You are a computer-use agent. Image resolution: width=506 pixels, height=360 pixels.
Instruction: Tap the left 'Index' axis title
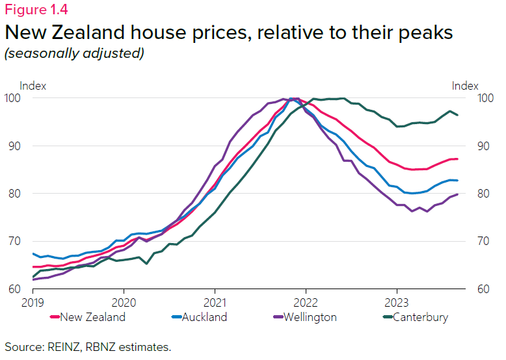tap(33, 86)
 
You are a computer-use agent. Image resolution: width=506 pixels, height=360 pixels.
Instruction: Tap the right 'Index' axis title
tap(465, 86)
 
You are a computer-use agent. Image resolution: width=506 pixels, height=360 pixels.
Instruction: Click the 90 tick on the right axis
tap(485, 146)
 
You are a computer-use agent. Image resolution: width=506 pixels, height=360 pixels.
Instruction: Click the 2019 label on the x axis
tap(32, 302)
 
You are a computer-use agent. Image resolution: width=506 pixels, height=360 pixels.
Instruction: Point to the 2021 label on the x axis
tap(215, 302)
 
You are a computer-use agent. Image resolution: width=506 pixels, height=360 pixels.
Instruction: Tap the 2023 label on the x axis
tap(396, 302)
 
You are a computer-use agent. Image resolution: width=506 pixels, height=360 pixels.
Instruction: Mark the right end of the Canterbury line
tap(457, 115)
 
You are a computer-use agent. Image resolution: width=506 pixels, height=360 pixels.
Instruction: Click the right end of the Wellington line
tap(457, 194)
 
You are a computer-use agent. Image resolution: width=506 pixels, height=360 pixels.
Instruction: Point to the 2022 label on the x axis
tap(305, 302)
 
